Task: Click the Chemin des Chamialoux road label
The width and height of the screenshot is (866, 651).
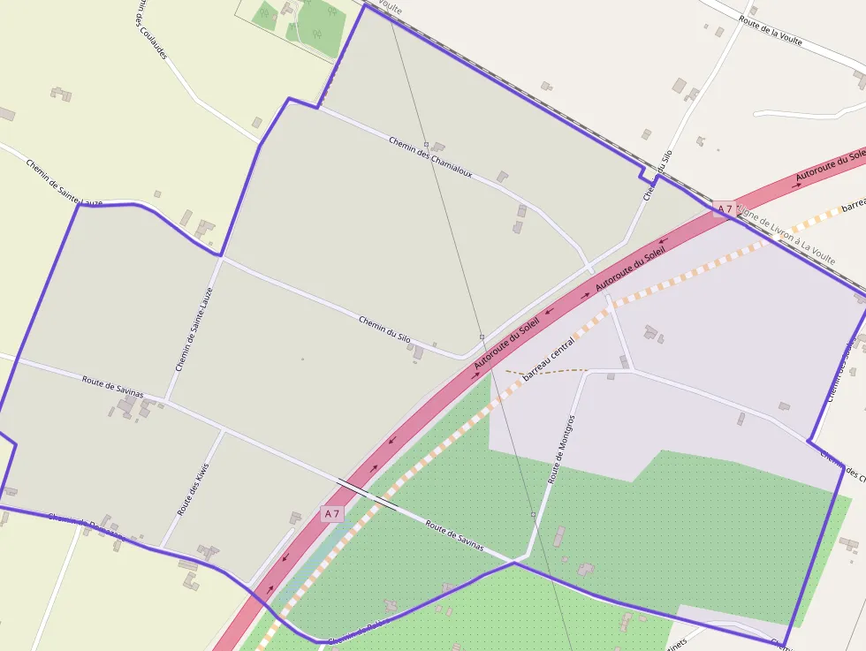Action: pos(430,156)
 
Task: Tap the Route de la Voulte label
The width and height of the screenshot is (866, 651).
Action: pos(771,32)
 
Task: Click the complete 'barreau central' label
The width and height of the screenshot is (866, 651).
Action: pos(549,357)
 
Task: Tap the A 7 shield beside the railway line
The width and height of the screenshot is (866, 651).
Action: pos(725,209)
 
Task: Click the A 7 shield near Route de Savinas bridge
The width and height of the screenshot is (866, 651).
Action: pos(331,513)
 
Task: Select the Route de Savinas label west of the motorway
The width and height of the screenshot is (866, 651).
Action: pos(112,387)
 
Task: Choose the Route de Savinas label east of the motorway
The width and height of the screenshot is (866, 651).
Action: pos(454,535)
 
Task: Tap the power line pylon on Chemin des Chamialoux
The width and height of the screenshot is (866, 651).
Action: pos(426,144)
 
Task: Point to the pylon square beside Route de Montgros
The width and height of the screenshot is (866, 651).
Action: pos(533,513)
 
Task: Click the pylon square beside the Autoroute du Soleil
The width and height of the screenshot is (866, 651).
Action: pos(482,337)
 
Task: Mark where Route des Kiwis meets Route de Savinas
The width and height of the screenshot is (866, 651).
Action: pos(223,431)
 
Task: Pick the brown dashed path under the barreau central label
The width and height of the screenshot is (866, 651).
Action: pos(548,372)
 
